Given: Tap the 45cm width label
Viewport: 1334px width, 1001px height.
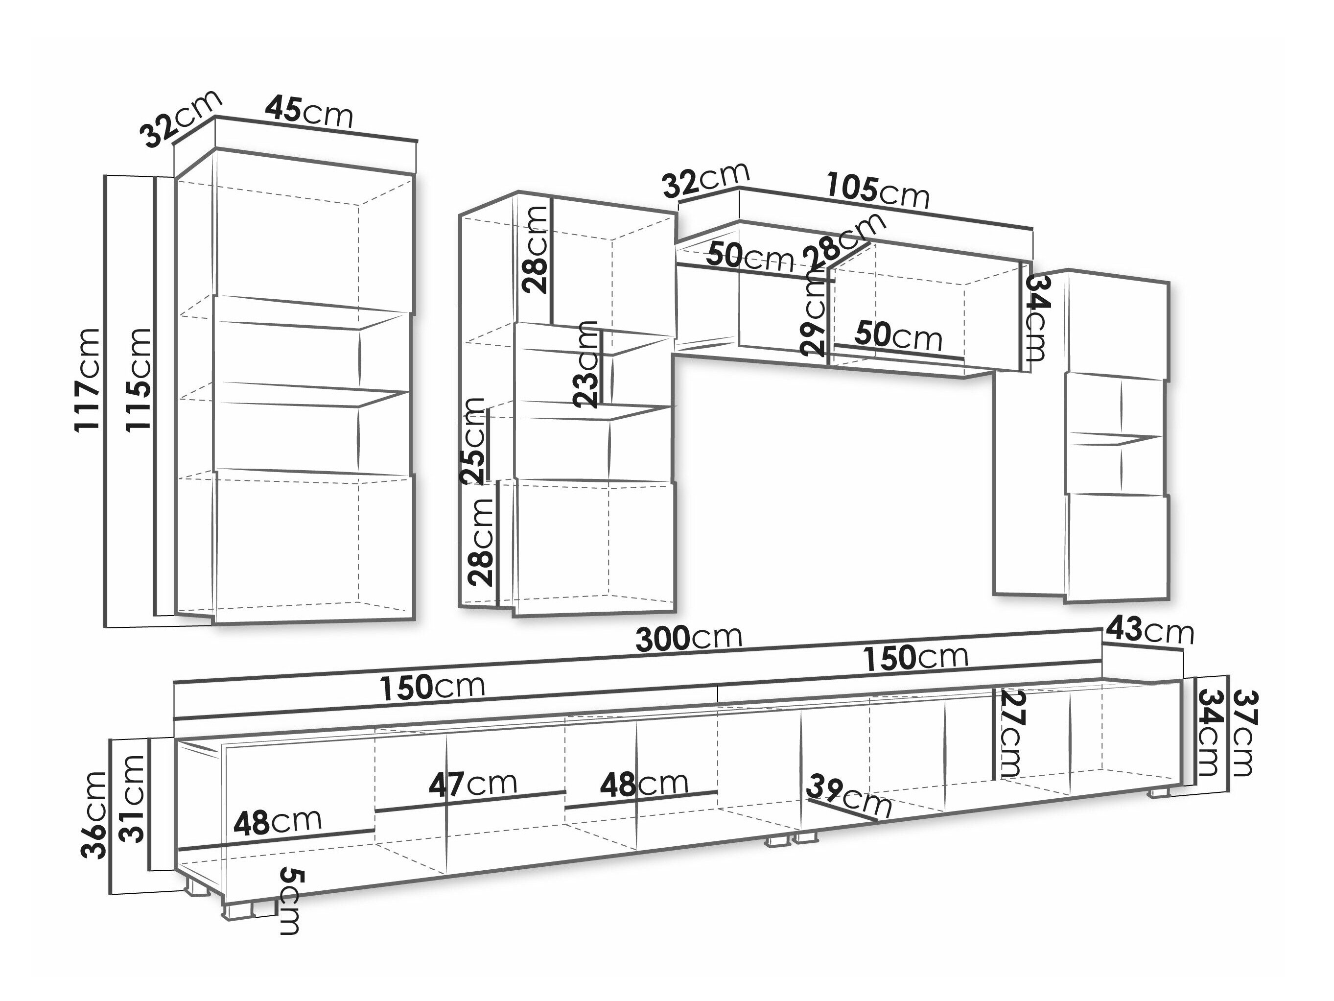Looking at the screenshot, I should (309, 112).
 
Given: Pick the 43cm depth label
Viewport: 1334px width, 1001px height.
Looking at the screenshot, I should (1149, 631).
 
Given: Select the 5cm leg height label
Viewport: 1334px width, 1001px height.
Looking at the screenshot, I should (291, 902).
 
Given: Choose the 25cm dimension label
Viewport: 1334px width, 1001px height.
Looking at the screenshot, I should (472, 440).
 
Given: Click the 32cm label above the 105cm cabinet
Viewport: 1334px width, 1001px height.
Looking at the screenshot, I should (705, 179).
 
